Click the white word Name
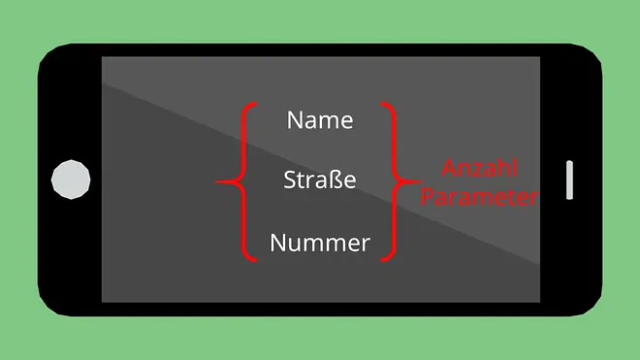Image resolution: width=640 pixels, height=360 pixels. [x=320, y=120]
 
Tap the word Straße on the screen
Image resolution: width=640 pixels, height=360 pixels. [x=320, y=180]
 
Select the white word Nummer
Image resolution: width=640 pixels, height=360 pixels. [x=320, y=243]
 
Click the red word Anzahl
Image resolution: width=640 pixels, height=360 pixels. [x=480, y=168]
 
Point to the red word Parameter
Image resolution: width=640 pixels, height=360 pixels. [x=480, y=197]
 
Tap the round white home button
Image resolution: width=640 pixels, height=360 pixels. [x=71, y=180]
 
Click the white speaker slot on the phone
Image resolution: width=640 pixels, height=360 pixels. [x=569, y=180]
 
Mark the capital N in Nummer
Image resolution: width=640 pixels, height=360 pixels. [x=277, y=243]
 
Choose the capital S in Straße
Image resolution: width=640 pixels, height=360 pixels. [x=289, y=180]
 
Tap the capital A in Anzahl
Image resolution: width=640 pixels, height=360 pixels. [x=449, y=168]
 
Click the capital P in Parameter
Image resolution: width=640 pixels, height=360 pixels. [x=427, y=197]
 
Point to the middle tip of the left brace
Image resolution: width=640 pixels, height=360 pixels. [x=216, y=181]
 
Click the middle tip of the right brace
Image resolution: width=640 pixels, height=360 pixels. [x=422, y=181]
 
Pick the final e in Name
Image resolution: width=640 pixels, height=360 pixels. [x=347, y=122]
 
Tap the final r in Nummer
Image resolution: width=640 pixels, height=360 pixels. [x=366, y=245]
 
